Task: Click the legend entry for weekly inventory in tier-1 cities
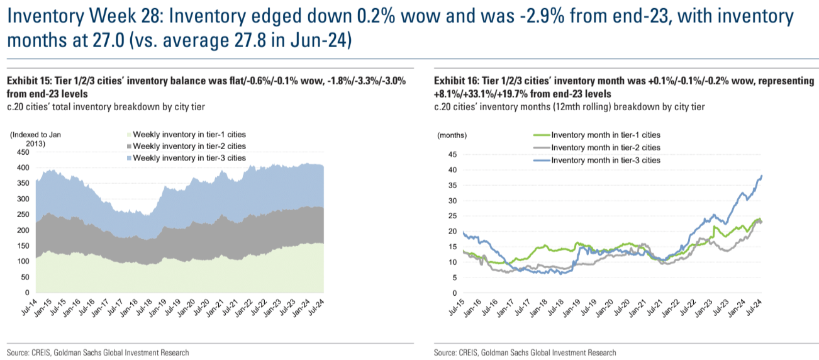(x=189, y=134)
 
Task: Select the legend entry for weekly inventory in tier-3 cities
(x=189, y=157)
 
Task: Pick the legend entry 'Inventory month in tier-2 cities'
(x=605, y=147)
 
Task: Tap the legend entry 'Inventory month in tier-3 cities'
(x=605, y=160)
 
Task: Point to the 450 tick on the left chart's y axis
(x=22, y=152)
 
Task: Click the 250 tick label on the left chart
(x=22, y=215)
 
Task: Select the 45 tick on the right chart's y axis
(x=451, y=154)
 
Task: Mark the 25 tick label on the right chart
(x=451, y=216)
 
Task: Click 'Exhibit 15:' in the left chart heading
(x=28, y=81)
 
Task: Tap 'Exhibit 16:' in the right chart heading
(x=456, y=81)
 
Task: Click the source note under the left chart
(x=97, y=352)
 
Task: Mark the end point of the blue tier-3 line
(x=762, y=176)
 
